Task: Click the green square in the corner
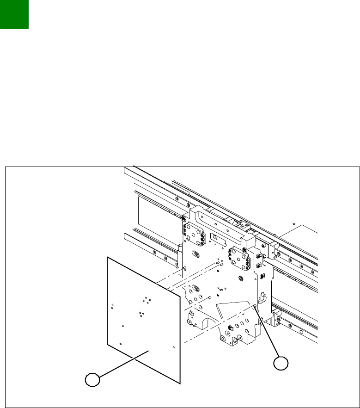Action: coord(14,14)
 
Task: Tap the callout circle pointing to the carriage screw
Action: coord(281,364)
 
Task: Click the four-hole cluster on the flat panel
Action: coord(147,300)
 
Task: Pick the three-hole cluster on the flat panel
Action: coord(140,314)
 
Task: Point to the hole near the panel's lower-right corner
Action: coord(173,347)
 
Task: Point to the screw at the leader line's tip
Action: coord(255,307)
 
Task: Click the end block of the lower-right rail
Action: coord(276,318)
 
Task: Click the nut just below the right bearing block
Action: coord(241,278)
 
